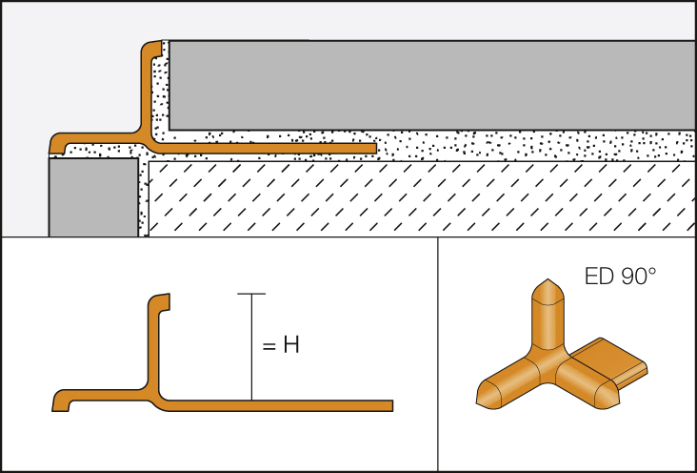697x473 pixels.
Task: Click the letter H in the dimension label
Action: click(x=291, y=345)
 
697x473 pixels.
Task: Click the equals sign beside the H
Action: click(x=268, y=345)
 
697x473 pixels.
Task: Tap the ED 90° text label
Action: click(x=620, y=278)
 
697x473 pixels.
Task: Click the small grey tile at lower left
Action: click(x=92, y=196)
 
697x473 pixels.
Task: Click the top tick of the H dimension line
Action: click(x=250, y=294)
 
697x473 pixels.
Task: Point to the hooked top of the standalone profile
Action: click(x=159, y=302)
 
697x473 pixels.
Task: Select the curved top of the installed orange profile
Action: click(x=152, y=49)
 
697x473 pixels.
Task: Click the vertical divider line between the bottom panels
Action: click(x=437, y=353)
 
